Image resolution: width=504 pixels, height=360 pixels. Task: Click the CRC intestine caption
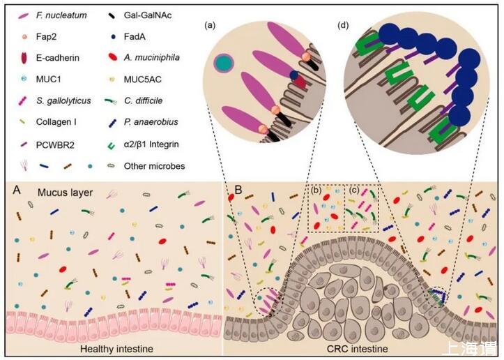362,347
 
